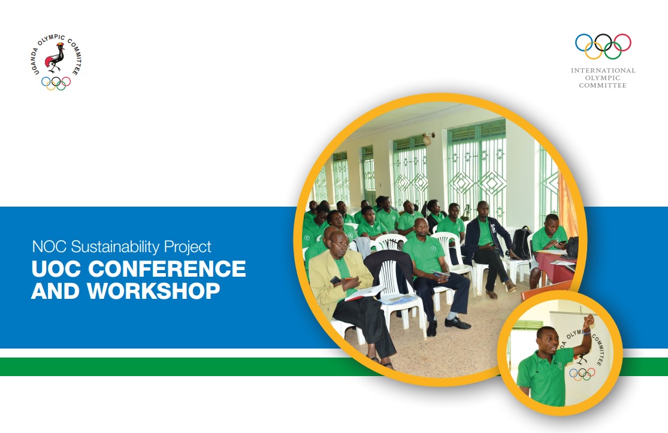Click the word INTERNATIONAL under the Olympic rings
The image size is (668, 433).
[x=603, y=71]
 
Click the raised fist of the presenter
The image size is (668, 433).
[x=589, y=319]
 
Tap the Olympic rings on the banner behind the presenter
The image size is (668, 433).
[x=582, y=374]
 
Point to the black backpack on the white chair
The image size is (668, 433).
[x=522, y=242]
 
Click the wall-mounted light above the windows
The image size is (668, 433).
[x=427, y=139]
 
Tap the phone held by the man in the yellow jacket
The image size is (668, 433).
[x=336, y=280]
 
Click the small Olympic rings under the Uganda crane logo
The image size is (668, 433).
[x=56, y=83]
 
